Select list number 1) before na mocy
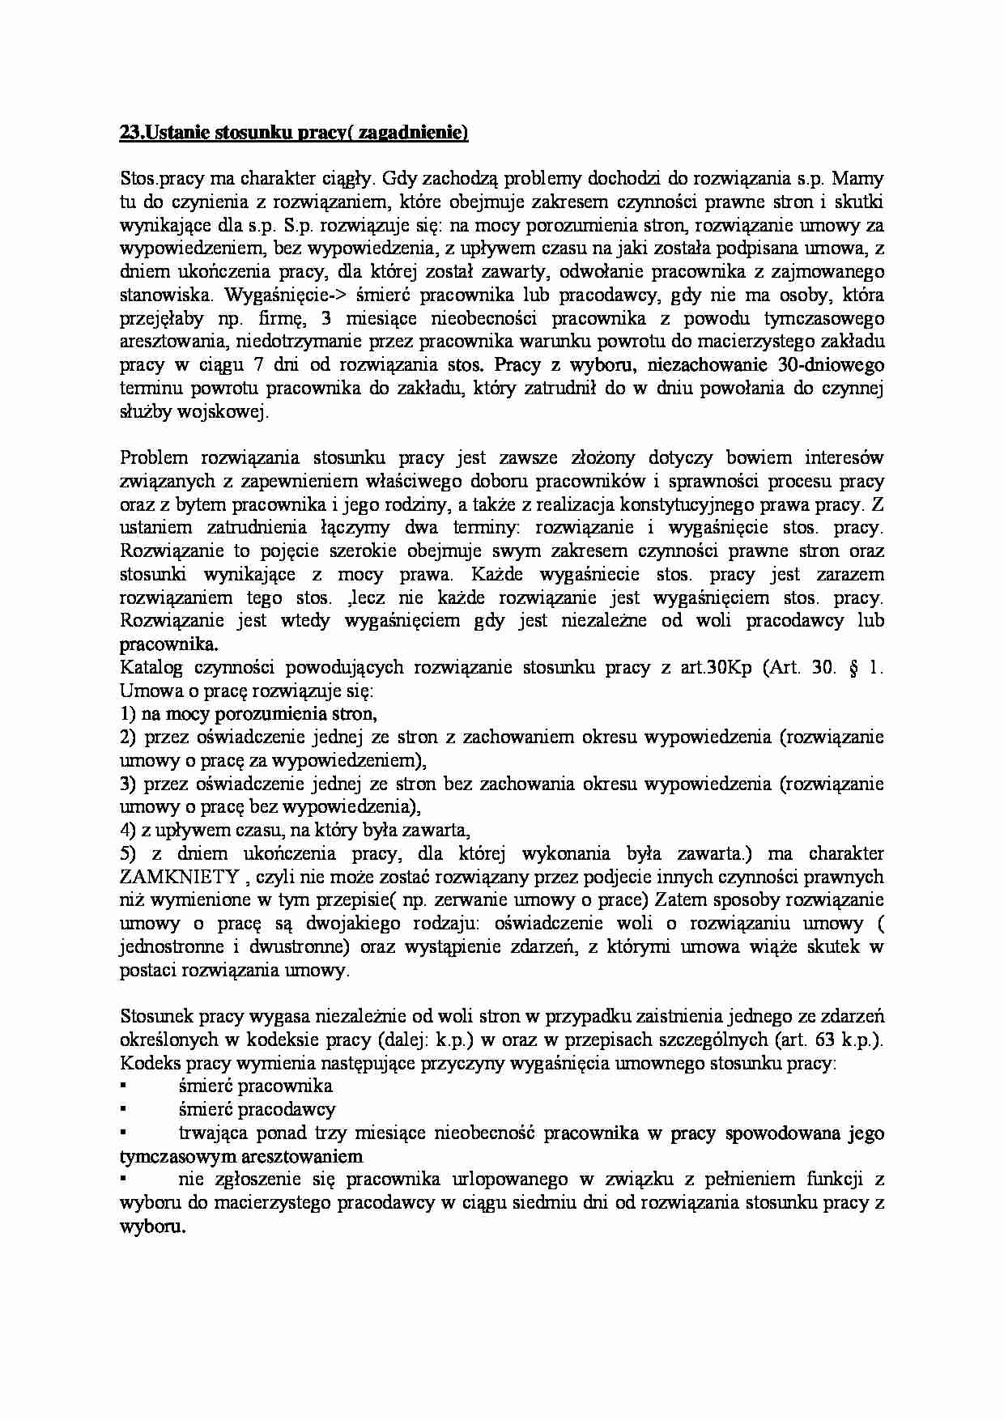click(x=128, y=715)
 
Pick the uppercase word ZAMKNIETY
click(x=179, y=878)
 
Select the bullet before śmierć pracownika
click(x=124, y=1086)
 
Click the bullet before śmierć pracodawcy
click(x=124, y=1110)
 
